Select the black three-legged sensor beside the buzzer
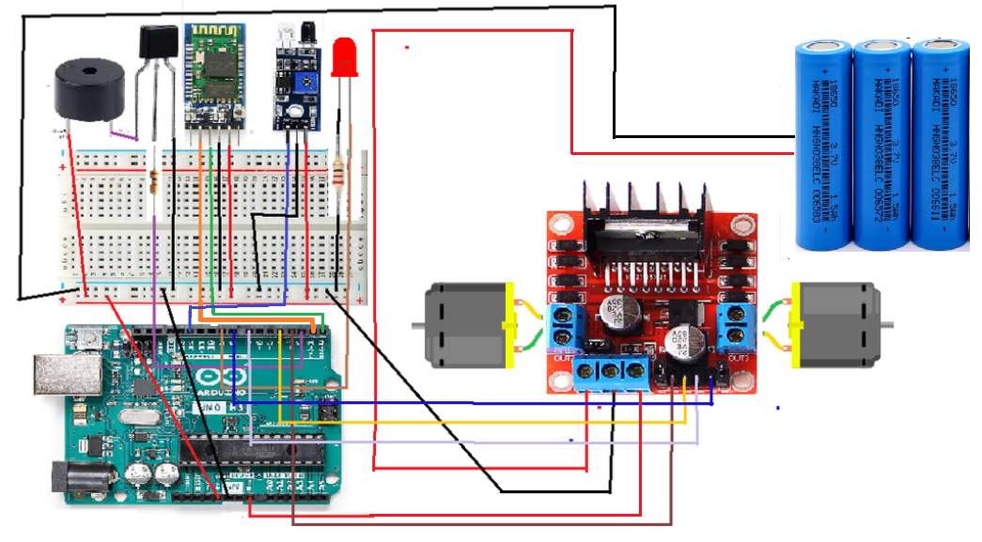(158, 46)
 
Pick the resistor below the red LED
(338, 173)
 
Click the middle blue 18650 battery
(880, 144)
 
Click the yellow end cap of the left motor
(510, 325)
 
